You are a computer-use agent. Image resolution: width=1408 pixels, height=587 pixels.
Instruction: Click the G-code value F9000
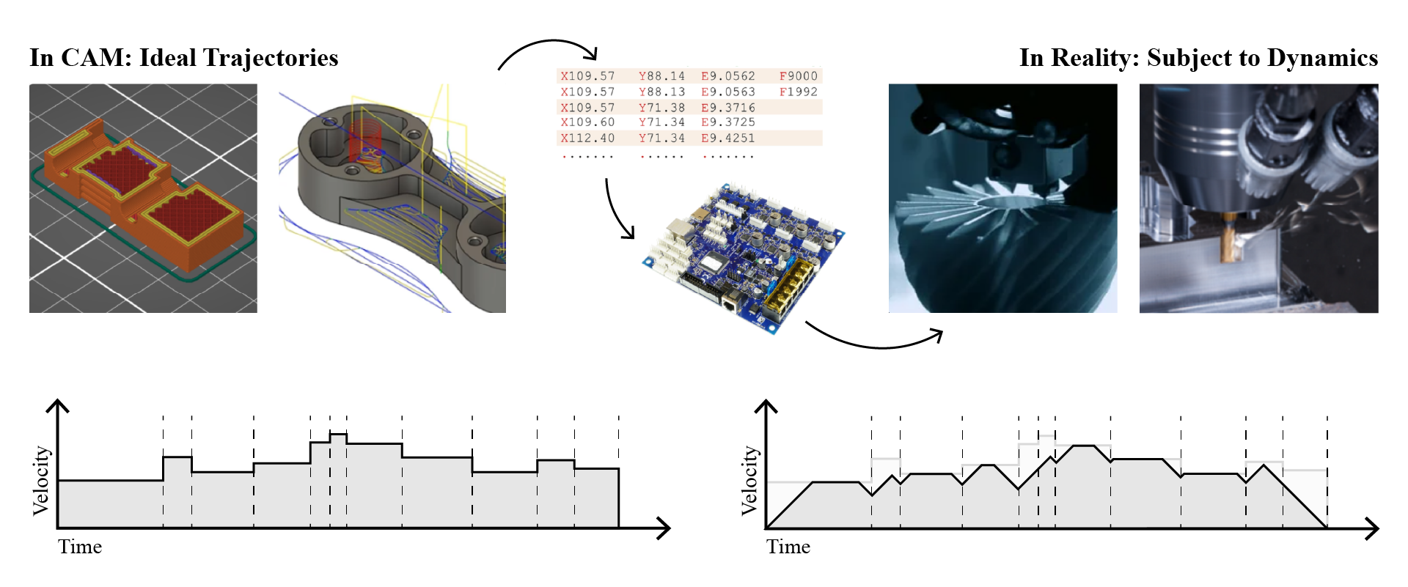click(x=798, y=76)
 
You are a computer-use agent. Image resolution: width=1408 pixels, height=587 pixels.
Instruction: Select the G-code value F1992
click(x=798, y=92)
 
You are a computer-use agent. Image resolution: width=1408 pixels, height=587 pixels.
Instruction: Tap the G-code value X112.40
click(x=587, y=138)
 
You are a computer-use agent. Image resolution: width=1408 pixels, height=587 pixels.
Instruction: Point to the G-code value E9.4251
click(x=727, y=138)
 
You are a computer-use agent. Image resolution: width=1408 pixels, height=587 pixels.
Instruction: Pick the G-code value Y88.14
click(x=661, y=76)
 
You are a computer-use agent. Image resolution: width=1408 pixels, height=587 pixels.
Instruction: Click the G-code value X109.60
click(x=587, y=122)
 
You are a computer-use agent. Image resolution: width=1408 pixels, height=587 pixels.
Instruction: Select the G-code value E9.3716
click(x=727, y=107)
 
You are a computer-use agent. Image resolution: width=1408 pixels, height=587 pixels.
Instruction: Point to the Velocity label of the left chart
click(x=41, y=480)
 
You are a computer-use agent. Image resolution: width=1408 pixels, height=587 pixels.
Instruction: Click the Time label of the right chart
click(x=788, y=547)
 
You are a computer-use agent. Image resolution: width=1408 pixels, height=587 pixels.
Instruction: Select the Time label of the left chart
click(x=80, y=547)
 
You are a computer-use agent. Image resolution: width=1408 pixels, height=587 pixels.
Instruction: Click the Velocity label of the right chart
click(x=749, y=480)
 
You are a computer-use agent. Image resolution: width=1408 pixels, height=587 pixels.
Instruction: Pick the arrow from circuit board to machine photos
click(x=873, y=339)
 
